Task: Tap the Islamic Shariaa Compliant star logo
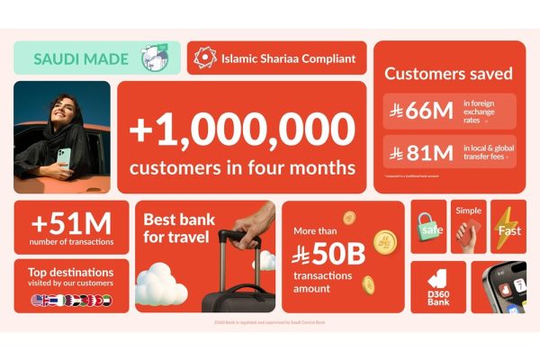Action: coord(207,58)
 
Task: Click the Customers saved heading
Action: coord(448,74)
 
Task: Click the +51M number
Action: coord(71,221)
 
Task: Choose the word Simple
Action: coord(468,210)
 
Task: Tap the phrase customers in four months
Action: coord(241,168)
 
